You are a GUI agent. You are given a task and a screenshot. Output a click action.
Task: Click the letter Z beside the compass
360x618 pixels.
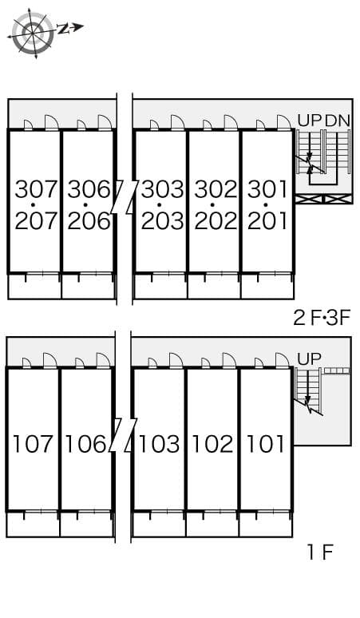click(x=64, y=30)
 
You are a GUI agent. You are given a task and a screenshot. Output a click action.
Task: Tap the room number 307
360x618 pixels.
click(x=37, y=190)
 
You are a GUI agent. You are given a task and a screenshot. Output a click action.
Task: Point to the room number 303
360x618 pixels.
click(x=163, y=190)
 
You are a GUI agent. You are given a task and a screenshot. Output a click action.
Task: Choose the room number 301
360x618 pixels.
click(x=267, y=190)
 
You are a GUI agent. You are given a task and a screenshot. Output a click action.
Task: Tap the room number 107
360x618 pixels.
click(x=33, y=444)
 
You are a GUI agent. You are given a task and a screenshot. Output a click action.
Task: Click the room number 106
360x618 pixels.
click(x=86, y=444)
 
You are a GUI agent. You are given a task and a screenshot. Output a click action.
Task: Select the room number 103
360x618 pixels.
click(x=160, y=444)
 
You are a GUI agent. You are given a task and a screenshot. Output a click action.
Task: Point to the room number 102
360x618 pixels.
click(x=212, y=444)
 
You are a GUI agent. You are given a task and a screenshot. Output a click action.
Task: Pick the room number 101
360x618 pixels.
click(x=266, y=444)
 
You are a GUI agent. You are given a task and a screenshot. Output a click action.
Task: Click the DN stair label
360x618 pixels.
click(x=338, y=121)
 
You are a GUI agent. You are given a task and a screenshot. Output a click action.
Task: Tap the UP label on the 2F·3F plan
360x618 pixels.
click(x=310, y=121)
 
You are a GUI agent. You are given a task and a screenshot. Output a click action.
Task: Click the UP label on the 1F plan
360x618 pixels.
click(x=310, y=359)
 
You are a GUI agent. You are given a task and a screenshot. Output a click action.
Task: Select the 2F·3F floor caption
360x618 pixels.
click(x=322, y=319)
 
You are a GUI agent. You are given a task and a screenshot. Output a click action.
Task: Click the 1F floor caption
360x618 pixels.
click(x=320, y=552)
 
